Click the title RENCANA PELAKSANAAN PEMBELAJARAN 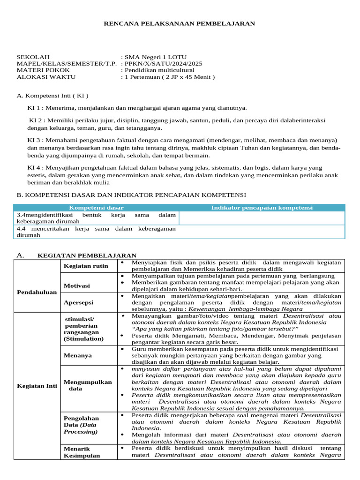pyautogui.click(x=180, y=23)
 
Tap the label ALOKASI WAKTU pyautogui.click(x=46, y=77)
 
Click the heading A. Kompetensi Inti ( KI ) pyautogui.click(x=52, y=96)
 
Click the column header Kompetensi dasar pyautogui.click(x=96, y=208)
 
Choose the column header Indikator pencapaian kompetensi pyautogui.click(x=262, y=208)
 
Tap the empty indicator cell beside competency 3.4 pyautogui.click(x=262, y=218)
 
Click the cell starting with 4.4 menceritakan pyautogui.click(x=96, y=232)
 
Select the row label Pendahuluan pyautogui.click(x=37, y=292)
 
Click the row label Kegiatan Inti pyautogui.click(x=37, y=386)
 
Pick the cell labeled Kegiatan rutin pyautogui.click(x=86, y=266)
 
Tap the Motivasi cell pyautogui.click(x=77, y=285)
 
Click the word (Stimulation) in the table pyautogui.click(x=83, y=338)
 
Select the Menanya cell pyautogui.click(x=78, y=355)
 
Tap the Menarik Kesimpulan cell pyautogui.click(x=82, y=452)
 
